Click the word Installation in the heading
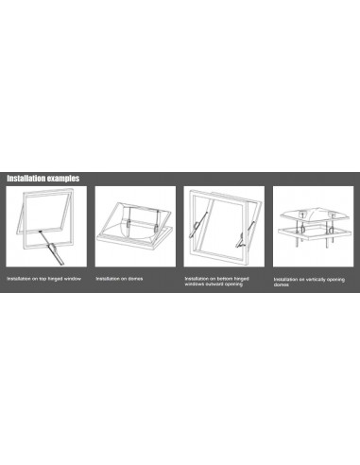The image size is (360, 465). [x=27, y=178]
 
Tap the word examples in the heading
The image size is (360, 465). [x=64, y=178]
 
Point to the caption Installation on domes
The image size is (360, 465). [x=118, y=280]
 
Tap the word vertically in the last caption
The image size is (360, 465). [x=317, y=280]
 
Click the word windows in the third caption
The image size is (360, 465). [x=196, y=284]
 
